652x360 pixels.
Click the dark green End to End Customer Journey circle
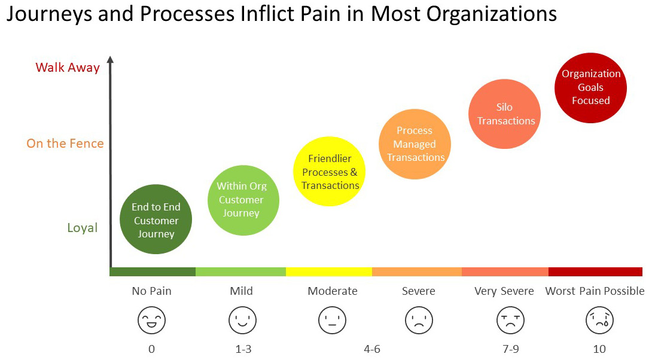(x=156, y=219)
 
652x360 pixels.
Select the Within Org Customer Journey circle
(x=242, y=199)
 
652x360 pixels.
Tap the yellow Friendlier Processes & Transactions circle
(x=330, y=172)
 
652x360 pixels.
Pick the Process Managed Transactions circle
(x=415, y=144)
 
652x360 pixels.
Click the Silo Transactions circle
(x=505, y=114)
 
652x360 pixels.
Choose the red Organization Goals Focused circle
(x=590, y=87)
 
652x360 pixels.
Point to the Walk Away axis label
(x=68, y=68)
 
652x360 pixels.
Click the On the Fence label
(x=65, y=144)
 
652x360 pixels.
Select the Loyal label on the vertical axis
(x=82, y=228)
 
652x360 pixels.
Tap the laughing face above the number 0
(x=152, y=320)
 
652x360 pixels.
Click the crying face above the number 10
(x=599, y=320)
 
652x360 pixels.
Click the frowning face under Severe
(x=419, y=320)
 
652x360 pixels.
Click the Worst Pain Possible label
(x=595, y=291)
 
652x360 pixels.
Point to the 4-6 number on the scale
(x=371, y=349)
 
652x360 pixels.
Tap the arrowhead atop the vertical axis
(x=110, y=59)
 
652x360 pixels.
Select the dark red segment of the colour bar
(x=595, y=272)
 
